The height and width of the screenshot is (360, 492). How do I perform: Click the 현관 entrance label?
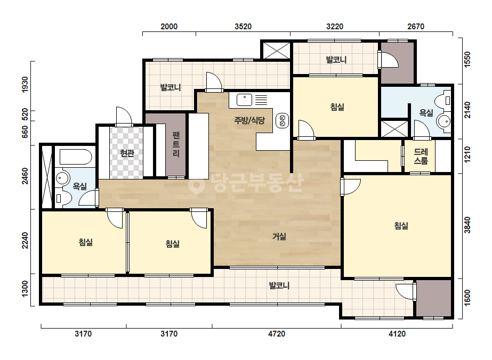127,153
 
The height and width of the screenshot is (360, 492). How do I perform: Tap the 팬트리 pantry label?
176,144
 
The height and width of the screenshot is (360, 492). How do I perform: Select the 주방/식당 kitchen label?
250,120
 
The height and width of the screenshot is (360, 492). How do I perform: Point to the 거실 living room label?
279,236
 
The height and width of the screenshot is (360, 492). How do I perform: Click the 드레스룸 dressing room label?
421,156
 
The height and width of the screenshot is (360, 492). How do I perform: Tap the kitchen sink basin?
244,100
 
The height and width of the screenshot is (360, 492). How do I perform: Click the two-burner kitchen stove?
282,121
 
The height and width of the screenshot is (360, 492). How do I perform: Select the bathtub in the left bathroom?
76,157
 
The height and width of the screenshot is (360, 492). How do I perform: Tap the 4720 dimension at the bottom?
277,334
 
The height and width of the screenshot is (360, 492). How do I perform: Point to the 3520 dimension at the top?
243,26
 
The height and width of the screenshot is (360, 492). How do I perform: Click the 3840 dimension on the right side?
467,225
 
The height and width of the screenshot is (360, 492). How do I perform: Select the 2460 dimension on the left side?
25,176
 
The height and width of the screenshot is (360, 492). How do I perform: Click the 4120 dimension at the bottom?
397,334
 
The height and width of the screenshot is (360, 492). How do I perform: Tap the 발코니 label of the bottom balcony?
279,285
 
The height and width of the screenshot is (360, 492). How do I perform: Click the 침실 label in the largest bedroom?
401,225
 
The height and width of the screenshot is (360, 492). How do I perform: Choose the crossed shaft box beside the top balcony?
276,50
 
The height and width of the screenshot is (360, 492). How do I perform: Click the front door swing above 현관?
124,117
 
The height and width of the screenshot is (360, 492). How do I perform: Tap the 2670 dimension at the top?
416,26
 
